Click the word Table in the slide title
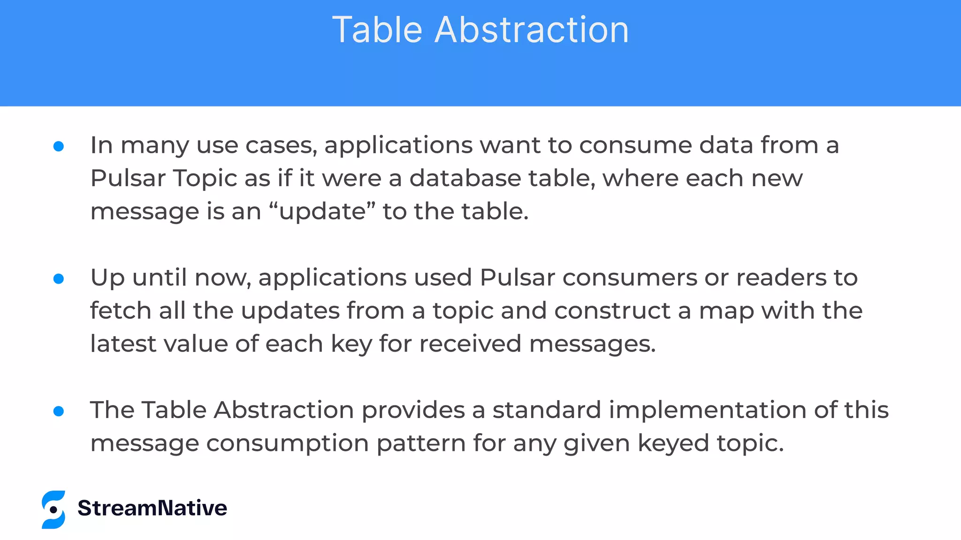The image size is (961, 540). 377,30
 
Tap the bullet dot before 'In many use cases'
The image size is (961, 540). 59,147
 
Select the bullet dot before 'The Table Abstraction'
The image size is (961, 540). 59,412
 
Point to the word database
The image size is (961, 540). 465,178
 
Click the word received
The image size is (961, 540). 470,344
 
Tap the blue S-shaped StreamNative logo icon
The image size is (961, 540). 53,510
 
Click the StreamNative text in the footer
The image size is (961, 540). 152,508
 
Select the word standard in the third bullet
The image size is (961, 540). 547,410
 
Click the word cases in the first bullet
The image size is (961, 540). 281,145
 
